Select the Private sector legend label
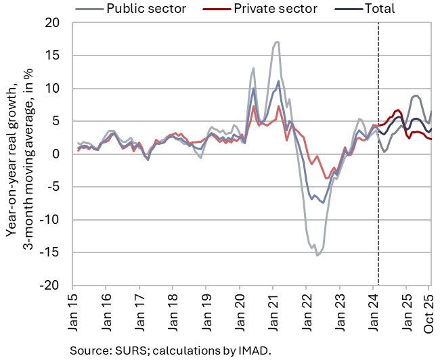click(x=276, y=9)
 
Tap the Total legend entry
click(x=380, y=9)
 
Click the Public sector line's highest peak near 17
click(x=277, y=42)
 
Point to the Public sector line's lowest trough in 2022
click(x=317, y=255)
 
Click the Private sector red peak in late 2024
click(x=398, y=110)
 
